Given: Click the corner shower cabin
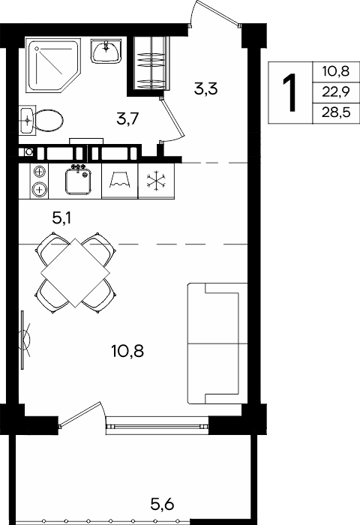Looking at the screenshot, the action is [x=53, y=65].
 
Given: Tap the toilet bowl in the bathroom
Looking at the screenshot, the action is [x=48, y=120].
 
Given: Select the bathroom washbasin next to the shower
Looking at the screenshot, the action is [x=106, y=50].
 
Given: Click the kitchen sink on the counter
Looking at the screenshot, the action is [x=78, y=181].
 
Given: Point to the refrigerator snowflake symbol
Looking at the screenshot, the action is [x=157, y=181].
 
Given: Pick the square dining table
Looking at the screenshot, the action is [x=76, y=273].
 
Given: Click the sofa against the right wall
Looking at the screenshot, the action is [x=217, y=343].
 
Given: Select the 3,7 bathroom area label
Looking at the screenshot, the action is [x=127, y=118].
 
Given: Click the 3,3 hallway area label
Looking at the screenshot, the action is [x=206, y=89].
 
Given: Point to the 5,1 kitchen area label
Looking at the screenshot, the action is [x=61, y=218].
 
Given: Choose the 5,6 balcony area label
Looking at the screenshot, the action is [x=162, y=504].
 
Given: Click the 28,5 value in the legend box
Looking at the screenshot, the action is [x=336, y=112].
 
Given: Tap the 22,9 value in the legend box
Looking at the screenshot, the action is [x=336, y=91].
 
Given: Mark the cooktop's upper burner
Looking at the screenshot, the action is [x=39, y=172].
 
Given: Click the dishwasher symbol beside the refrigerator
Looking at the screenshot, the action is [x=119, y=181].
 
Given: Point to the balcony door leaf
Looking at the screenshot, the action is [x=80, y=415].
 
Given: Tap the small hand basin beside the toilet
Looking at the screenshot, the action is [x=27, y=119].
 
